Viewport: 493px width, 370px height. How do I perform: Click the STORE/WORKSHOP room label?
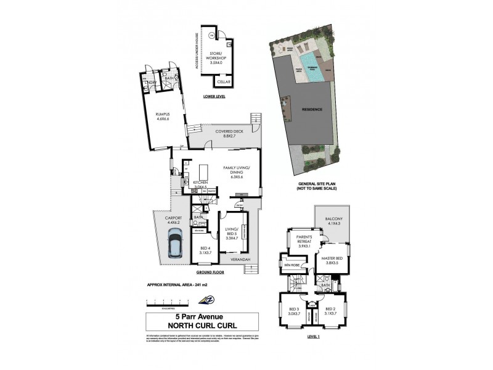[215, 57]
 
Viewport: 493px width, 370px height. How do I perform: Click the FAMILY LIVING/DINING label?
[237, 171]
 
